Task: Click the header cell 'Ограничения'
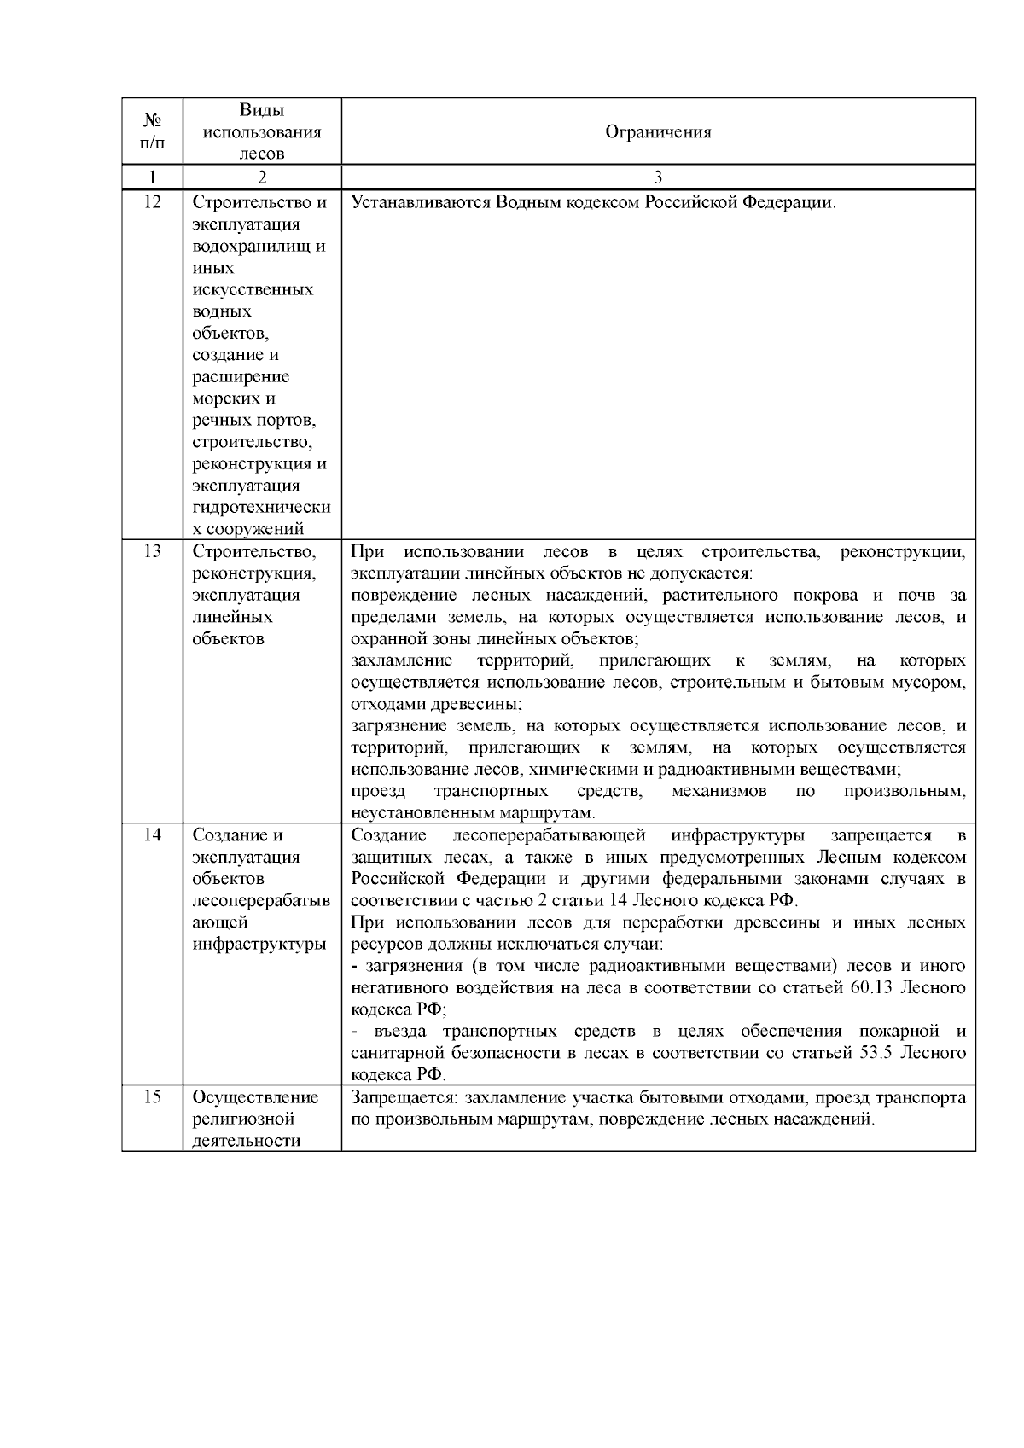click(x=658, y=131)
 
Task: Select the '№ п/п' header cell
click(x=151, y=131)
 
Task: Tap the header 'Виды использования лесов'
click(x=262, y=131)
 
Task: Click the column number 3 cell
click(x=658, y=177)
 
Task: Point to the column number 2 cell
click(x=262, y=177)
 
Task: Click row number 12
click(x=151, y=203)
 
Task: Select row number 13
click(x=151, y=551)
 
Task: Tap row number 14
click(x=151, y=835)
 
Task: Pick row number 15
click(x=151, y=1097)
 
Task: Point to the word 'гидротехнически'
click(x=261, y=508)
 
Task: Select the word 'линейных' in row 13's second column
click(x=232, y=617)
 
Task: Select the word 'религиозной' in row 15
click(x=243, y=1119)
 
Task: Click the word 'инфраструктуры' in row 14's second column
click(x=260, y=944)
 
